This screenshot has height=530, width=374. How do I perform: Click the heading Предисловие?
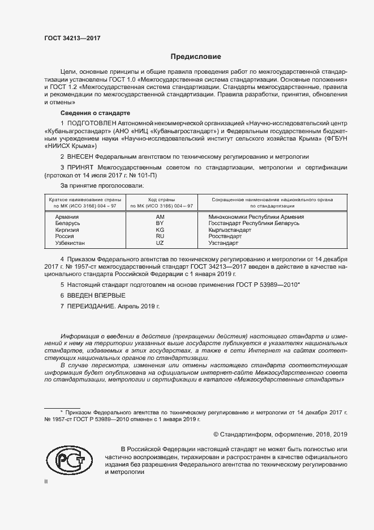[x=196, y=57]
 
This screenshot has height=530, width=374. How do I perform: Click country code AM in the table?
[x=160, y=217]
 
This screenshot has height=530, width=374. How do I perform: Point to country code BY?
[x=160, y=224]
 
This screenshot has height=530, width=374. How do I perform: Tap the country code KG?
[x=160, y=231]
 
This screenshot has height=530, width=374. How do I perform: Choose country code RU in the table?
[x=160, y=237]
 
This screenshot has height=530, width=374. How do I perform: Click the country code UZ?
[x=160, y=243]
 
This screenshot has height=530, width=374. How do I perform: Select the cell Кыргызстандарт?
[x=230, y=231]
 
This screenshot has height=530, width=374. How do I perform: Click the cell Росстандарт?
[x=225, y=237]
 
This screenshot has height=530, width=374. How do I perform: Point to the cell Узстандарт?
[x=224, y=243]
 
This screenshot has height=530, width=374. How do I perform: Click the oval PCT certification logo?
[x=68, y=461]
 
